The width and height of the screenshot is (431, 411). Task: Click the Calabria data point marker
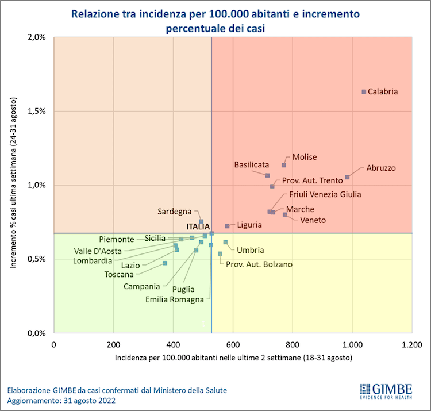point(364,92)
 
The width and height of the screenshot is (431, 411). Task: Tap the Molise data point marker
point(284,165)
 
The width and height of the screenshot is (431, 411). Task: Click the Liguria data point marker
point(228,226)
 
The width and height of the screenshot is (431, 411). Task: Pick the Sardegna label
point(175,212)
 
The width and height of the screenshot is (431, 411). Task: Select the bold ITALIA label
point(197,226)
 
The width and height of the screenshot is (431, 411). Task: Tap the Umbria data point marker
point(225,242)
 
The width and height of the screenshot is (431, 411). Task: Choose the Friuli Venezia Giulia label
point(325,194)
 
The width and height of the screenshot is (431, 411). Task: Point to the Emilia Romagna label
point(175,299)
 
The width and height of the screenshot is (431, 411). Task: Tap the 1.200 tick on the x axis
point(411,344)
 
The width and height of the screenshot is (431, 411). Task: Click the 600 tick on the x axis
point(233,344)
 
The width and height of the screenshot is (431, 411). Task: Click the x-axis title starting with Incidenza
point(233,358)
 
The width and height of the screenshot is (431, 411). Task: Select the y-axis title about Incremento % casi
point(14,185)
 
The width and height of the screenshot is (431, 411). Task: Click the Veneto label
point(313,220)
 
